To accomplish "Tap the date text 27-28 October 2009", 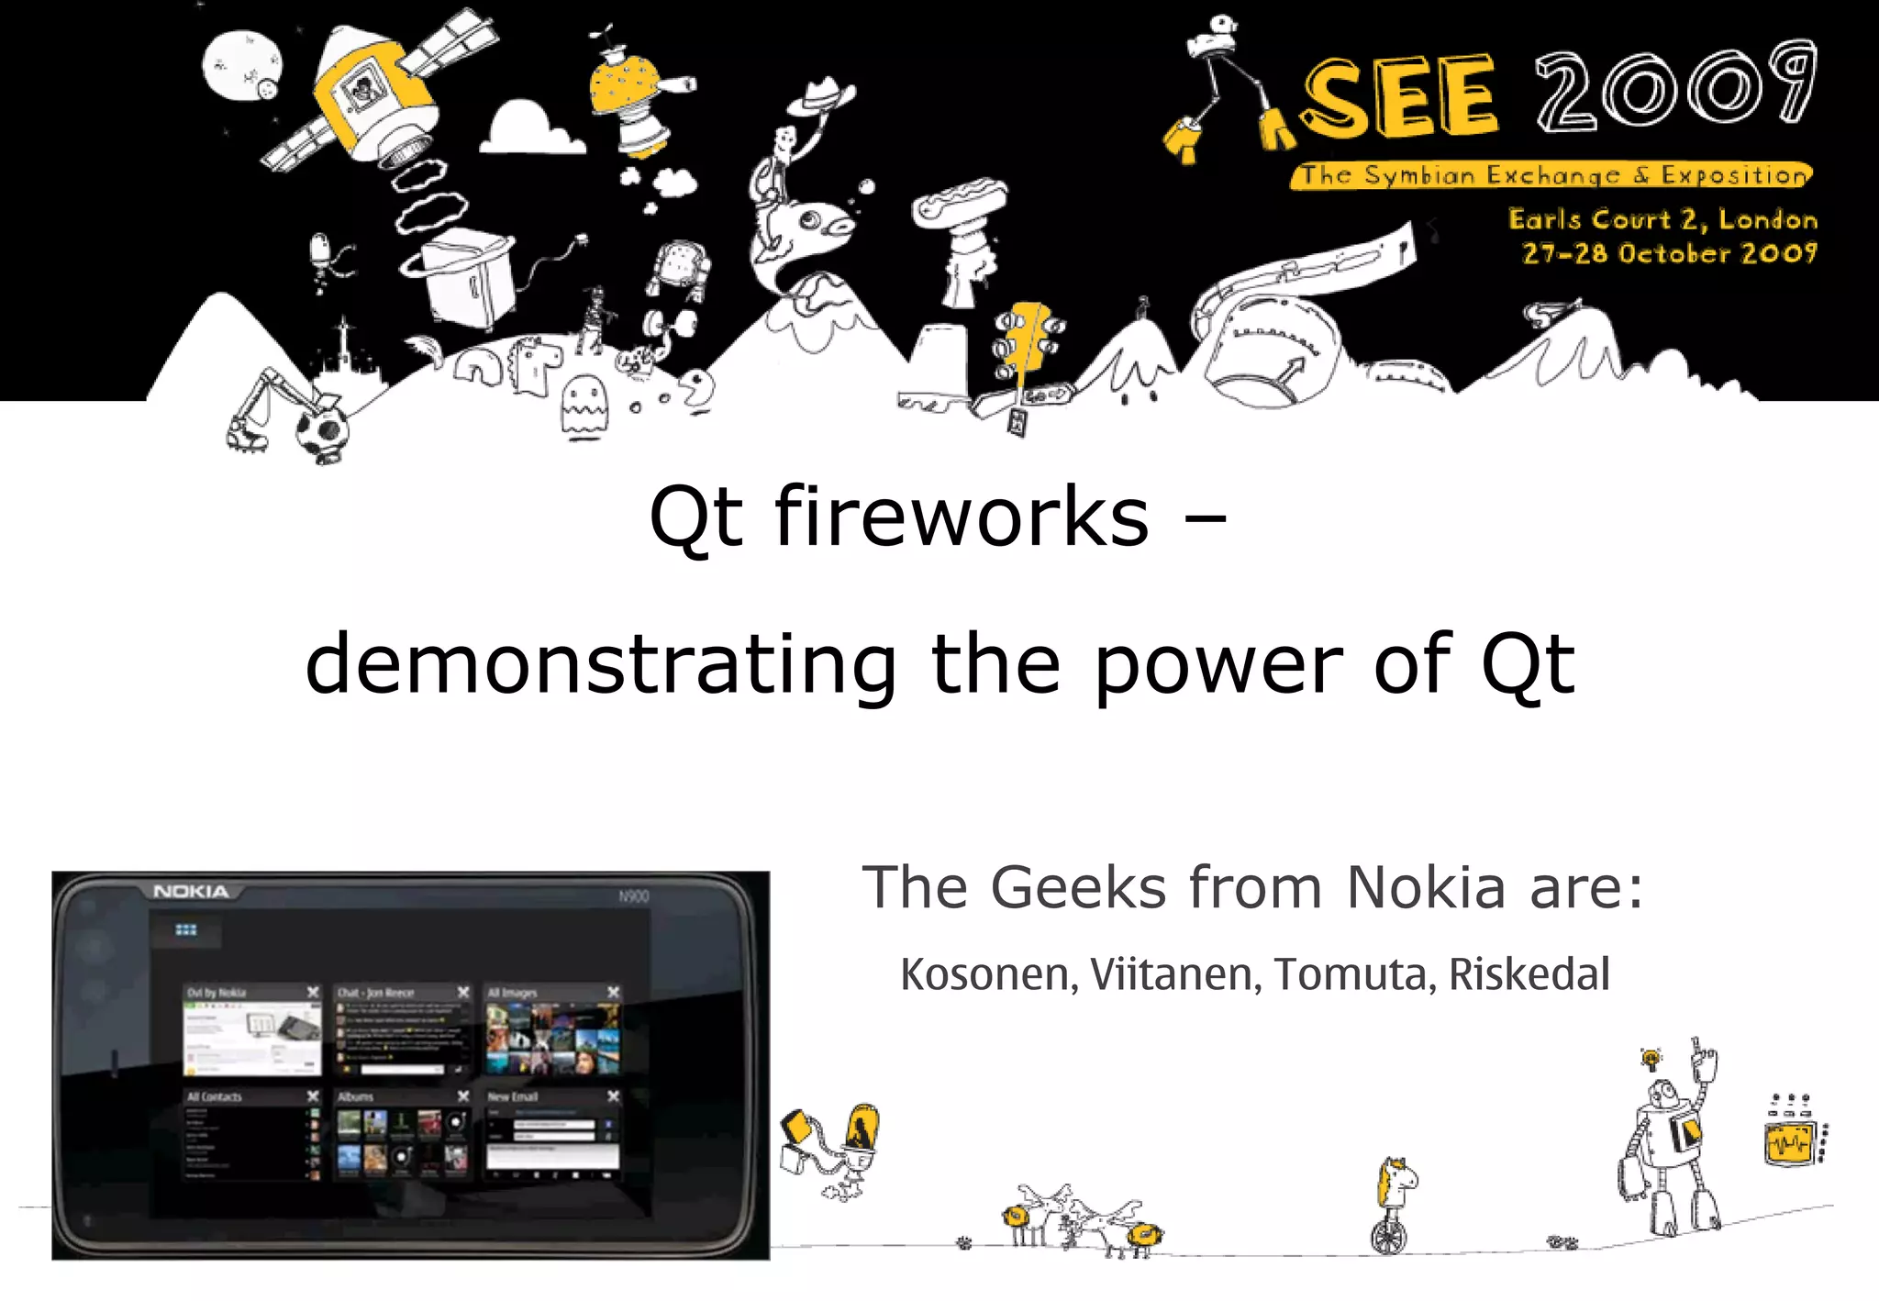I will [1669, 253].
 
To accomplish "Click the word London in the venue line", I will [1767, 220].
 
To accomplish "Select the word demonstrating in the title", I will [601, 664].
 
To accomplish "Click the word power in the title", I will [1218, 664].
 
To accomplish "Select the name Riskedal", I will [1529, 974].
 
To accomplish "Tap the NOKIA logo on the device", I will [191, 892].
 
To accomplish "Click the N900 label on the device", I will [633, 896].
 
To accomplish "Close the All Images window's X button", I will [614, 993].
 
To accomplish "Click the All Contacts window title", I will [215, 1096].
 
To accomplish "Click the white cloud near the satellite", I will [529, 130].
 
